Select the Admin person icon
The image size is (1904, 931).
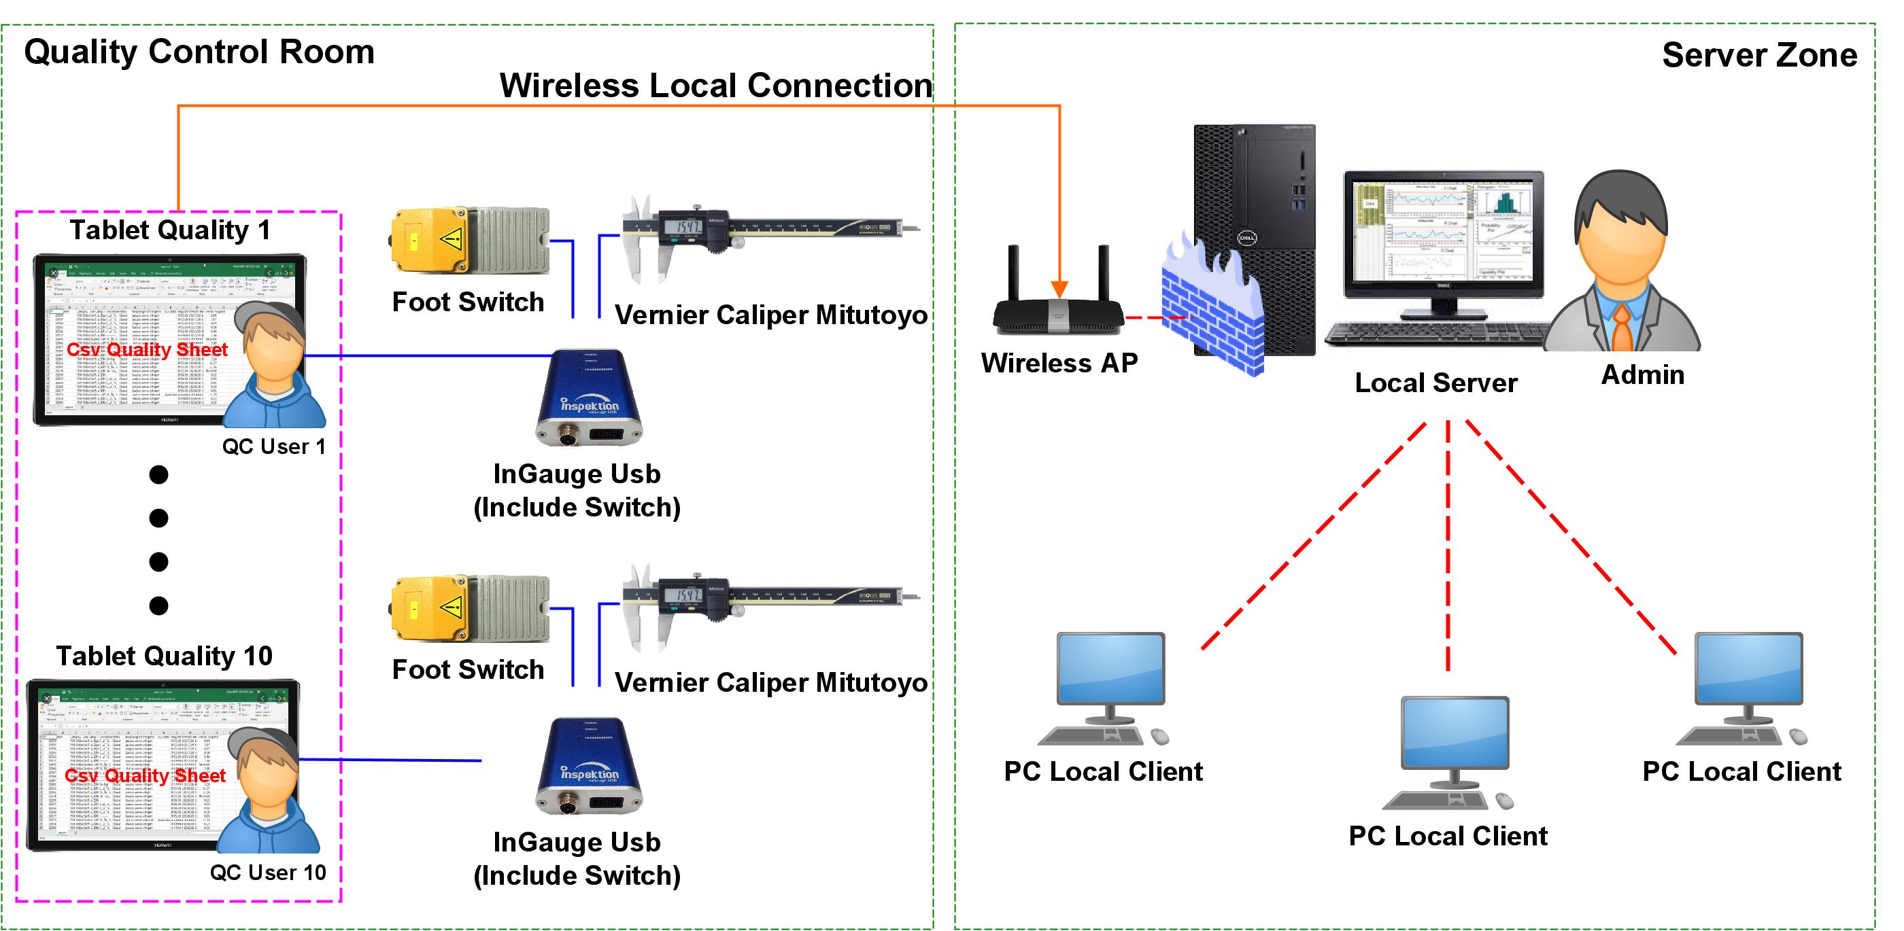click(1622, 266)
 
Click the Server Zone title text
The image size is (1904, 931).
click(1759, 56)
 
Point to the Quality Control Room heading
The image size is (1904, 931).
click(199, 52)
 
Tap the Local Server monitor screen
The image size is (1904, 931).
click(1443, 229)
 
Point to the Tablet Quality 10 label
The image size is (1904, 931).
click(164, 656)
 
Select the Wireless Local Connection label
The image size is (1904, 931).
click(715, 85)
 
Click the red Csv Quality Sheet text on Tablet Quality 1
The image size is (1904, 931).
click(147, 349)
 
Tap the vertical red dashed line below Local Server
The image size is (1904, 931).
click(1447, 547)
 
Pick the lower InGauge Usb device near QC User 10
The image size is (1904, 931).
click(589, 767)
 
